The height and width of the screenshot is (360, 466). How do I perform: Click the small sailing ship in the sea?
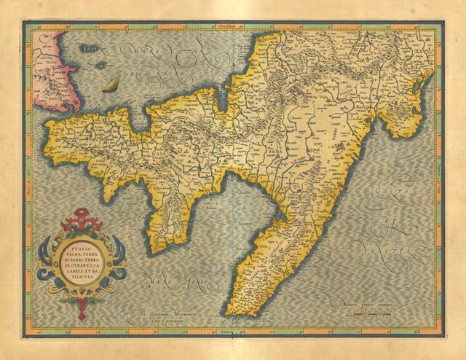point(111,85)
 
